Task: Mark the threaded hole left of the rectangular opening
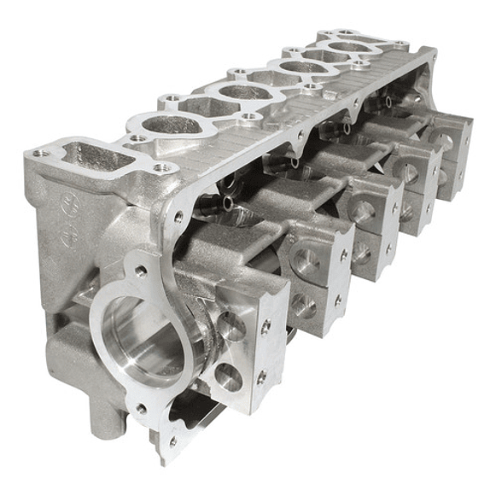[x=38, y=154]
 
